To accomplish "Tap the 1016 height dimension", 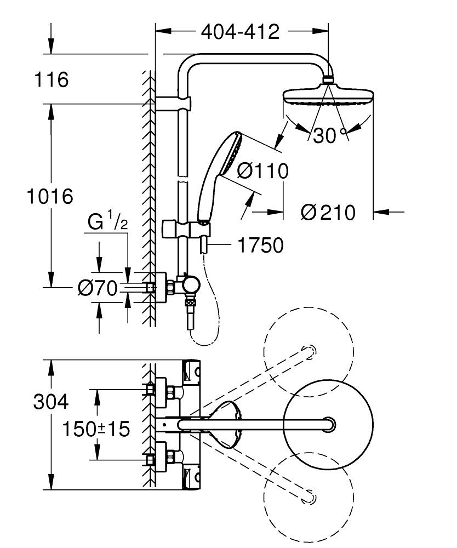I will coord(50,196).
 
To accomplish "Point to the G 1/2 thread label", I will coord(108,222).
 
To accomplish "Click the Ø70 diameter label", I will coord(98,288).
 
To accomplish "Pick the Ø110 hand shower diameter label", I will coord(262,172).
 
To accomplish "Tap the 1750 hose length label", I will coord(260,245).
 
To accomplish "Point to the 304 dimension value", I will coord(51,402).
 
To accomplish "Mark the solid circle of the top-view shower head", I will coord(328,425).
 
